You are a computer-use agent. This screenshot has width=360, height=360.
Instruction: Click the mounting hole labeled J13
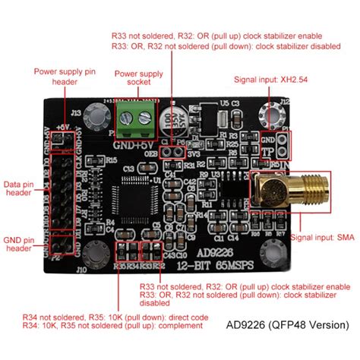coord(93,115)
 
